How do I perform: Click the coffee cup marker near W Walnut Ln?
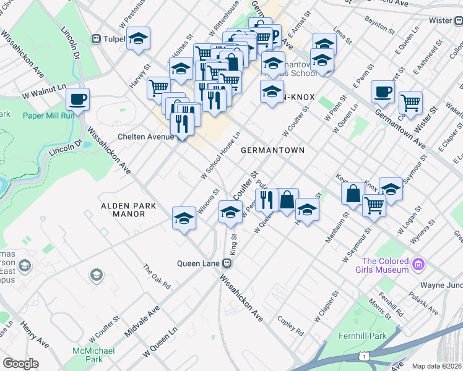point(77,99)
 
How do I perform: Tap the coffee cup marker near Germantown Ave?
point(383,92)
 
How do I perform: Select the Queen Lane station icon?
point(227,263)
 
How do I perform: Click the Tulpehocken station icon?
point(96,39)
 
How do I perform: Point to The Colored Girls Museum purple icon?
point(419,265)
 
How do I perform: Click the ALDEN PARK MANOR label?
point(124,209)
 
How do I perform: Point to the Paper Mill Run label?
point(48,116)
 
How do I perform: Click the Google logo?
point(20,364)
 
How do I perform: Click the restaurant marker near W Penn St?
point(267,200)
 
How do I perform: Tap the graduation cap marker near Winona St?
point(184,219)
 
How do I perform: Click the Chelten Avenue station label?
point(145,137)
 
